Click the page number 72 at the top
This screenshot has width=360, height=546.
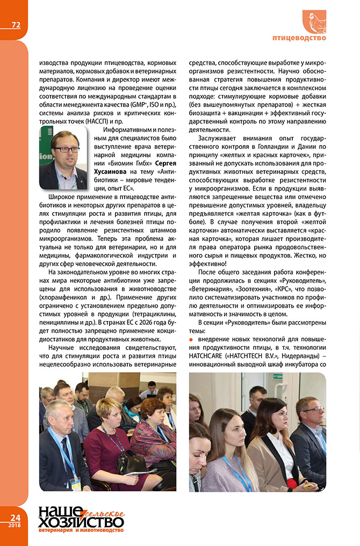(16, 25)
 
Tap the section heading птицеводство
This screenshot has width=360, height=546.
(299, 38)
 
